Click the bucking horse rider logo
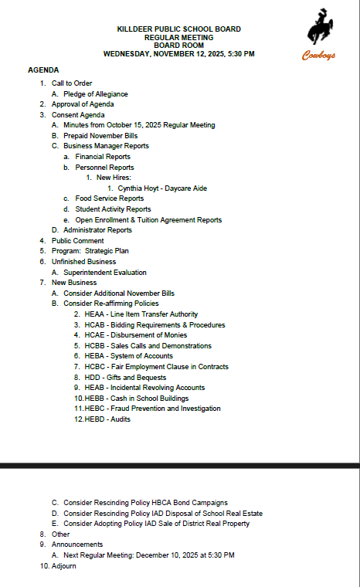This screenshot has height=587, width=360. point(318,29)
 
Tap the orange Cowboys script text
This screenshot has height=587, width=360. point(318,55)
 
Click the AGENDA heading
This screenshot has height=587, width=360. point(43,70)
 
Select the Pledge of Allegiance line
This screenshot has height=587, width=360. point(95,93)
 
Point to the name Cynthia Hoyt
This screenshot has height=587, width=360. point(135,188)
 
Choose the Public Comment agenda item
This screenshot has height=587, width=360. point(77,240)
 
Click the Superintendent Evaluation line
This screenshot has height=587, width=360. point(104,272)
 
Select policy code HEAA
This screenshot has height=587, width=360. point(94,314)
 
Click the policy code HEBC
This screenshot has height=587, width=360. point(95,409)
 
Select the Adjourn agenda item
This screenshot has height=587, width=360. point(63,565)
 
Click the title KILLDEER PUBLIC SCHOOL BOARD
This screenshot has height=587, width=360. point(178,29)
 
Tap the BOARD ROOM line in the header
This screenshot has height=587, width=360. point(178,46)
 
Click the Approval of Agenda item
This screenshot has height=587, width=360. point(83,104)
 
